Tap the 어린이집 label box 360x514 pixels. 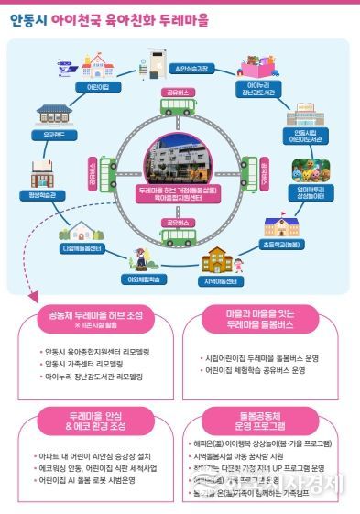(x=97, y=86)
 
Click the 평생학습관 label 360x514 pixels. (x=41, y=194)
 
